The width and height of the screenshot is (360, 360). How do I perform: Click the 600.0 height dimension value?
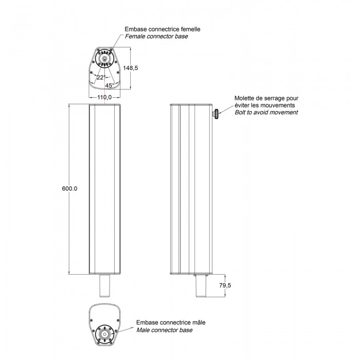69,189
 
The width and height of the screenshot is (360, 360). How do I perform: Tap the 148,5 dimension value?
131,68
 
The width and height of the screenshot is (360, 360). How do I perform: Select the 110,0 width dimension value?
104,97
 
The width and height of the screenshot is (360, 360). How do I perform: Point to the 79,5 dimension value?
225,285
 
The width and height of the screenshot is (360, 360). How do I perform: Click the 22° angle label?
101,77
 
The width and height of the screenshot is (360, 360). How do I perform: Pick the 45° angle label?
110,85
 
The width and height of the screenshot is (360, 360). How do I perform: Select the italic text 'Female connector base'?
156,37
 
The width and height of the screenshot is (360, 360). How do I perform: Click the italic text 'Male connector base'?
165,330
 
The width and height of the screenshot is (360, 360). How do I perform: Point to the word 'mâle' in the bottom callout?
199,322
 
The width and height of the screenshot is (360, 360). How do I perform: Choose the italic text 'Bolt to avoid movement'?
266,112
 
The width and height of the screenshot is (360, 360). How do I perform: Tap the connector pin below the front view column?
104,285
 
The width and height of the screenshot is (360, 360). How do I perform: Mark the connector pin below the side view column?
201,285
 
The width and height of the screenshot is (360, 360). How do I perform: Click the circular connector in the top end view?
104,59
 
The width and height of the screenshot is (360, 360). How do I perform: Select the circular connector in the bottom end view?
104,334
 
